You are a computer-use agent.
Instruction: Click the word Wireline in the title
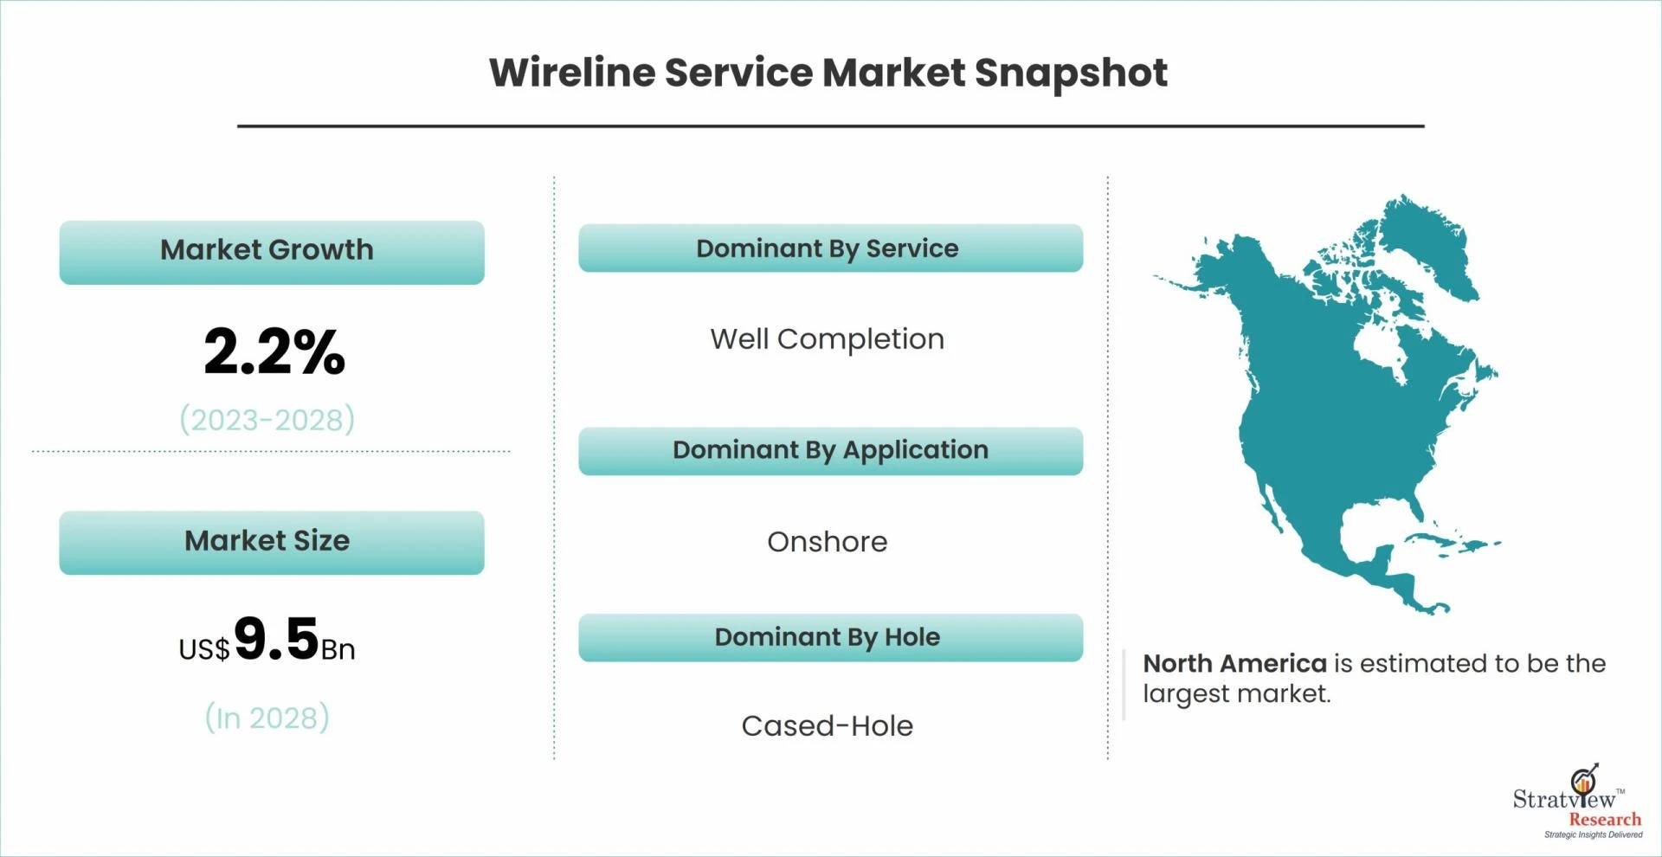coord(572,72)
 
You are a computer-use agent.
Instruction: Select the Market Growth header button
coord(272,252)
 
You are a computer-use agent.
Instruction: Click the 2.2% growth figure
coord(274,351)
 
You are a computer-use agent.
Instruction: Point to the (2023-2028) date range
coord(267,420)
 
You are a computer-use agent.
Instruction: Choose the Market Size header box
coord(272,542)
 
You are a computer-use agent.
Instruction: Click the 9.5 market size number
coord(276,638)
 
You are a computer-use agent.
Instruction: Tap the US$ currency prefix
coord(204,649)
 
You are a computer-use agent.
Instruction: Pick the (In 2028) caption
coord(267,718)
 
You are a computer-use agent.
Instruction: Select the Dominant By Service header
coord(830,248)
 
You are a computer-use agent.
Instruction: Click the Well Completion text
coord(828,339)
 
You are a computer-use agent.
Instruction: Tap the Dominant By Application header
coord(830,450)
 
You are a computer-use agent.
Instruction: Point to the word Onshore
coord(828,542)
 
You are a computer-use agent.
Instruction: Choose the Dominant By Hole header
coord(830,637)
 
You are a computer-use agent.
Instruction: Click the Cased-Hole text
coord(828,725)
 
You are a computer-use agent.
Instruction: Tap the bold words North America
coord(1234,663)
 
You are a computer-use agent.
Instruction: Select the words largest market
coord(1235,694)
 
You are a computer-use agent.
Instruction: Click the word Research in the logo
coord(1605,819)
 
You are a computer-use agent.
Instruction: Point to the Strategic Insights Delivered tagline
coord(1593,835)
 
